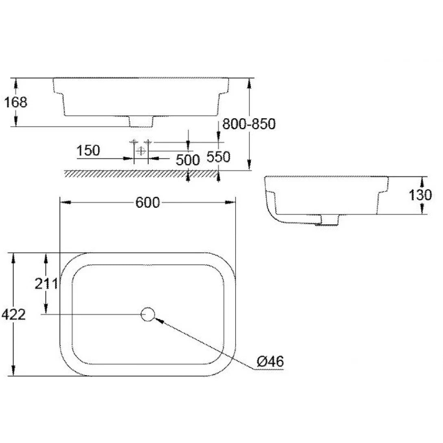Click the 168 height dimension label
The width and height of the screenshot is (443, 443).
tap(15, 102)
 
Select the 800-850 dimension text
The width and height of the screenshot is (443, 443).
tap(249, 124)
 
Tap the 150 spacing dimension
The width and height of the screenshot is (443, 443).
tap(88, 150)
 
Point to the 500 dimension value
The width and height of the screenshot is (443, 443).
tap(188, 160)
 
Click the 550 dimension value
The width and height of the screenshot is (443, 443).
tap(219, 156)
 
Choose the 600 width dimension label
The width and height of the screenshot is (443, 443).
tap(148, 202)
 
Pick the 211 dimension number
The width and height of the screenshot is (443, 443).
tap(46, 283)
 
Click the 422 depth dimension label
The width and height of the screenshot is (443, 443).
tap(13, 314)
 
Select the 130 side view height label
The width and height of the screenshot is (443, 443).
tap(421, 195)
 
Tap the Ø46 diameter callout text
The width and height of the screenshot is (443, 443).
tap(270, 361)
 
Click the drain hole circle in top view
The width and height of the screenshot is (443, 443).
tap(148, 314)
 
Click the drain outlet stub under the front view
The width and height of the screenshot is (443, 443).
tap(141, 121)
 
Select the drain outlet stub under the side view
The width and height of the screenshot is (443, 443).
tap(329, 220)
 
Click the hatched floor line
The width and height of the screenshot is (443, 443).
tap(138, 174)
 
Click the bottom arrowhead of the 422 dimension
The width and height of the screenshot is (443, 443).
tap(14, 371)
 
